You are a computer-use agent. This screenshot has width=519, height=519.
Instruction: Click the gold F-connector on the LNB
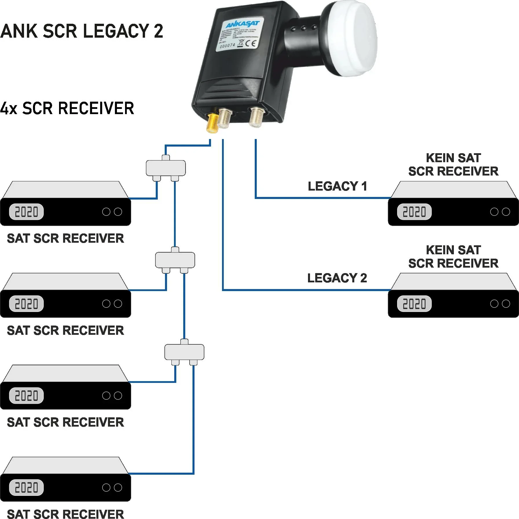coord(212,123)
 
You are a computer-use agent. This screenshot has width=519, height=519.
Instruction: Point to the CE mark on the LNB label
coord(251,43)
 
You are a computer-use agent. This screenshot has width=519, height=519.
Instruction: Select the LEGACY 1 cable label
coord(337,186)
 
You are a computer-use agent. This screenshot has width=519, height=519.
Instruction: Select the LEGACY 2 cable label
coord(337,278)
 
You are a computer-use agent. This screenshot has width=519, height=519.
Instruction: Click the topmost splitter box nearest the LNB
coord(166,168)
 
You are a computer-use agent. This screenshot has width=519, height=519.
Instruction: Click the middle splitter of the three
coord(175,260)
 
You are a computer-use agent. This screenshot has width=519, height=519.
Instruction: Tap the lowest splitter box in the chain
coord(184,352)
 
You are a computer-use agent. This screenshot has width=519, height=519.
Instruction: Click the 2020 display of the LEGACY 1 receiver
coord(414,212)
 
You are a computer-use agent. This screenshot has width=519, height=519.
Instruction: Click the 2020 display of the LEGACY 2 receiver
coord(414,304)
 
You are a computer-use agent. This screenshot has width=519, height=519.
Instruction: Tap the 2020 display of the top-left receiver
coord(26,212)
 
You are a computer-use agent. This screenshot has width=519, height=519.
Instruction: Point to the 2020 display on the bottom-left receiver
coord(26,487)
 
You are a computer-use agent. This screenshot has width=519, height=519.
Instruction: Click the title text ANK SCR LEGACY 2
coord(82,31)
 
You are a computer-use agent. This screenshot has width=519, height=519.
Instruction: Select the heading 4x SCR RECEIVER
coord(67,108)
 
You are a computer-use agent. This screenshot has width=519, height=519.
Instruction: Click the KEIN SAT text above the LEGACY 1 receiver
coord(453,158)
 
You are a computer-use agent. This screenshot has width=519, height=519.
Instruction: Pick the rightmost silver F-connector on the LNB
coord(256,117)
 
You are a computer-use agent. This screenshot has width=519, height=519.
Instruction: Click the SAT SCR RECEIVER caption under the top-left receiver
coord(65,238)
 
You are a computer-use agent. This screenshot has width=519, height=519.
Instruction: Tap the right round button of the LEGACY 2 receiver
coord(506,304)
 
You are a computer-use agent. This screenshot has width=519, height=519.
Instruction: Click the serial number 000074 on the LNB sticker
coord(227,46)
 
